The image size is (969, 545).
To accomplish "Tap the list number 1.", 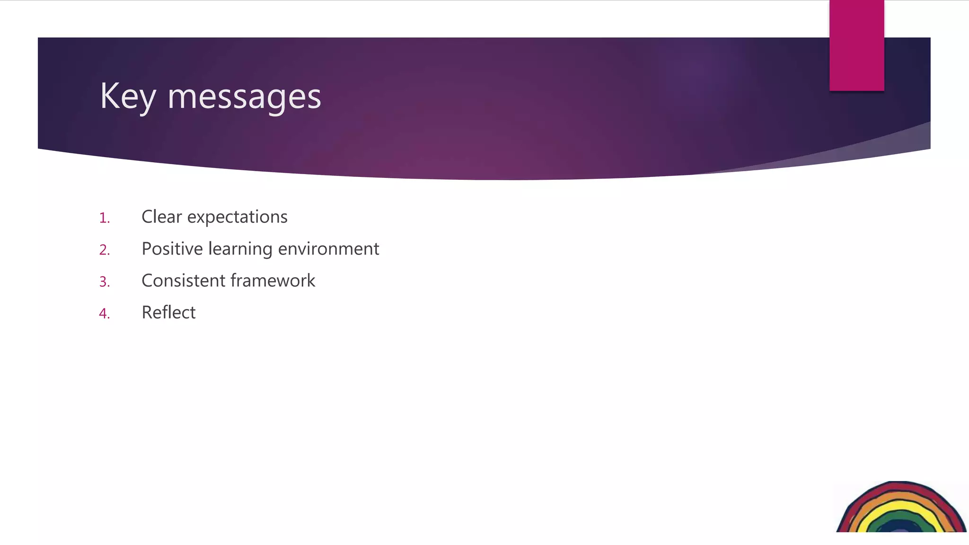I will coord(104,218).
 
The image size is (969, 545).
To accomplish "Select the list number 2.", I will coord(104,250).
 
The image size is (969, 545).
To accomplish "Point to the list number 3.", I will coord(104,282).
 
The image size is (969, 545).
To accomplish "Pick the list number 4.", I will coord(104,314).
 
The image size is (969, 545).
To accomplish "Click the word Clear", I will coord(161,217).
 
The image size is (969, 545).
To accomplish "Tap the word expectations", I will coord(237,217).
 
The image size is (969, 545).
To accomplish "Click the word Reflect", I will coord(168,312).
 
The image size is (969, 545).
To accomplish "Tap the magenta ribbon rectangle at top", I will coord(856,45).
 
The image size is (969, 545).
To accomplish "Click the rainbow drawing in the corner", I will coord(901,509).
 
